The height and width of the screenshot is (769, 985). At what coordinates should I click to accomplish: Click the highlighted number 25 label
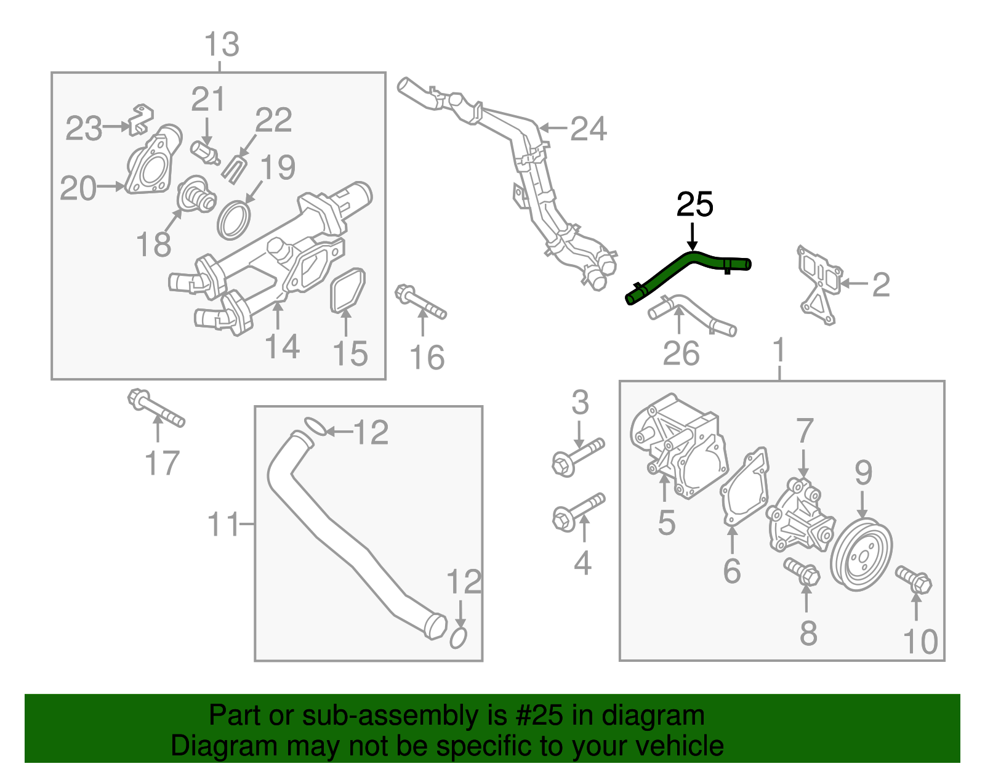[x=694, y=204]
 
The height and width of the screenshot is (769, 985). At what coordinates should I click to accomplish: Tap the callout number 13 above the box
[x=221, y=45]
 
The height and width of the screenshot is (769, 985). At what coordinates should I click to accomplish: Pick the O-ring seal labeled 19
[x=234, y=220]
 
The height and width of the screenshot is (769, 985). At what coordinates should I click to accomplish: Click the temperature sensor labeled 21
[x=205, y=152]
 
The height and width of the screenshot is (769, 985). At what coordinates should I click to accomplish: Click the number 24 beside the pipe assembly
[x=589, y=129]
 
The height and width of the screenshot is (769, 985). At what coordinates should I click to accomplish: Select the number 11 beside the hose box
[x=222, y=525]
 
